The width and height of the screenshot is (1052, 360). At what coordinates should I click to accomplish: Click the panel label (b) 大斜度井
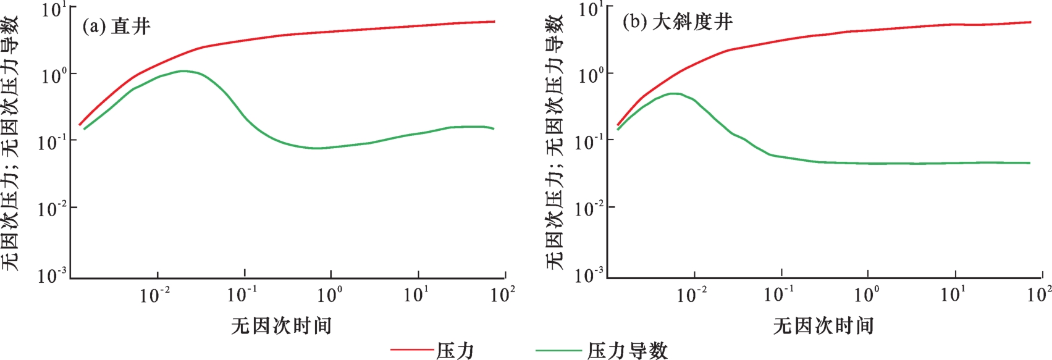(678, 22)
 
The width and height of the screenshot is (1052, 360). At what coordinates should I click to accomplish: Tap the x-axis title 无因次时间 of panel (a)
(281, 325)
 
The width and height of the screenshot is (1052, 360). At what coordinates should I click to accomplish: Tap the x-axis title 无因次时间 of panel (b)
(823, 325)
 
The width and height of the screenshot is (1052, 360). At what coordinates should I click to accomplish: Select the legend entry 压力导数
(627, 351)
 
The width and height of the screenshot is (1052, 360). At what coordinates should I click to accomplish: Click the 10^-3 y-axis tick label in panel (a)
(52, 275)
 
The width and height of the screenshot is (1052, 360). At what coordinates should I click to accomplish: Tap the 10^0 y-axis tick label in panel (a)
(54, 76)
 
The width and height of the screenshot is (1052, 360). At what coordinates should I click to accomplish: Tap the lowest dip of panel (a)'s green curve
(316, 148)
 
